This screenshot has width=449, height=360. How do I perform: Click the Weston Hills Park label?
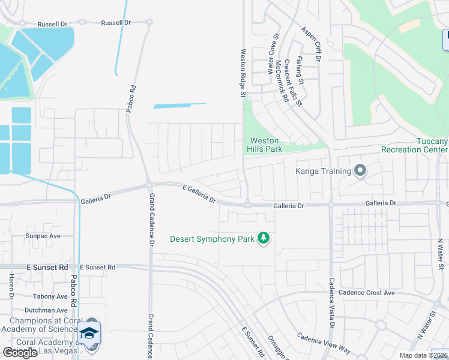[265, 145]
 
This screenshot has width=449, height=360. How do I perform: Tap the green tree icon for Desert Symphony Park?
[263, 239]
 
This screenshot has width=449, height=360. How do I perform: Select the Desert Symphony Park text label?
[212, 239]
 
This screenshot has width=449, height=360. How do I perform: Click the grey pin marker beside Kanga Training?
[360, 172]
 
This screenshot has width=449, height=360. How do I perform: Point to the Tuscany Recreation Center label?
[415, 145]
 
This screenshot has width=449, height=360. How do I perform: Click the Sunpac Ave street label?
[43, 236]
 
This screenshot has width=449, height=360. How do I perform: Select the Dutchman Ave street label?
[46, 310]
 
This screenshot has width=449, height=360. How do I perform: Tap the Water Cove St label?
[270, 55]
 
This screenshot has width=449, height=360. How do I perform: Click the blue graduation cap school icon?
[90, 334]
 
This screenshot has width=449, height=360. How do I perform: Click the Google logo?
[20, 353]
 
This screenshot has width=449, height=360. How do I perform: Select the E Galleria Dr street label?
[199, 194]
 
